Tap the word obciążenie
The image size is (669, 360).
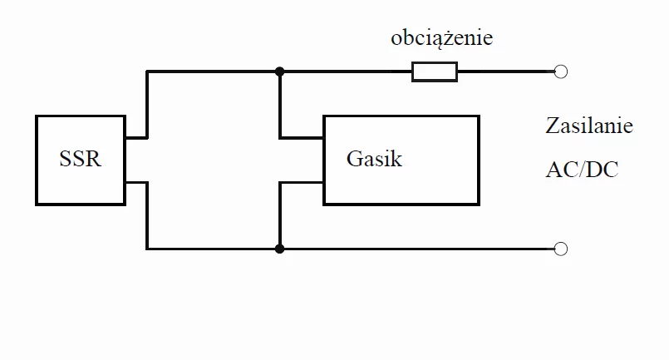tap(441, 38)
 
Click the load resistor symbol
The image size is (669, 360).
tap(435, 72)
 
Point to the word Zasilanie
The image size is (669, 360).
tap(589, 126)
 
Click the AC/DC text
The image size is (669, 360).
tap(582, 170)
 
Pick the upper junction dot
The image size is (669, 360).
tap(279, 72)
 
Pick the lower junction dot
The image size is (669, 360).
tap(279, 249)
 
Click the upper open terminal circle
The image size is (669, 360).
tap(561, 72)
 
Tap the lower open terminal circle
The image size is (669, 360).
tap(561, 249)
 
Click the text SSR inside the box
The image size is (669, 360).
tap(81, 159)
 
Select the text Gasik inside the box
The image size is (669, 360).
tap(374, 159)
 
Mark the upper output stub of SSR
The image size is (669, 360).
tap(136, 138)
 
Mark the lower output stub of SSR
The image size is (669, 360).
tap(136, 183)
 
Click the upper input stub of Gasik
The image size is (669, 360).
tap(301, 138)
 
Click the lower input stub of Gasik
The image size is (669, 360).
tap(301, 183)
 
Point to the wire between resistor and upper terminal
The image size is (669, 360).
tap(506, 72)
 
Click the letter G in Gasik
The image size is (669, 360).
tap(353, 159)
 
